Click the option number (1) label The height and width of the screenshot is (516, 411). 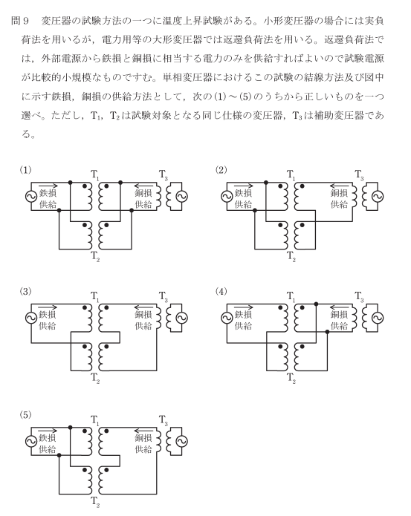pos(26,170)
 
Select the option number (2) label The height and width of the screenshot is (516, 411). pos(221,170)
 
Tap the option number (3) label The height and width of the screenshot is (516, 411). pos(26,291)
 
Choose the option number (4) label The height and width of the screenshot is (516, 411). pos(221,291)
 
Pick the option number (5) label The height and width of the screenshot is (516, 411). pos(26,414)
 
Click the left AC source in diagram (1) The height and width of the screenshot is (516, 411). pos(31,197)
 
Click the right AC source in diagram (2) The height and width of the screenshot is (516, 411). pos(378,197)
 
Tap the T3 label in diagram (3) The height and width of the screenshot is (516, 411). pos(164,296)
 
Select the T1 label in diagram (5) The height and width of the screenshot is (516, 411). pos(95,420)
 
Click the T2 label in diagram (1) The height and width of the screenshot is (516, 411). pos(95,256)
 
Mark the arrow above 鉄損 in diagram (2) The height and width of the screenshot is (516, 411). pos(244,186)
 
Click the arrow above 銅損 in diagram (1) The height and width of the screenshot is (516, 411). pos(143,186)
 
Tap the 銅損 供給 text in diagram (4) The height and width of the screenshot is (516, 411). pos(339,320)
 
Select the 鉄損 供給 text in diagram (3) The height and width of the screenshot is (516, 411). pos(48,320)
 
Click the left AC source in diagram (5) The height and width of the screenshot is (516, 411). pos(31,441)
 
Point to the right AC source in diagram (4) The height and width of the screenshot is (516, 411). pos(378,318)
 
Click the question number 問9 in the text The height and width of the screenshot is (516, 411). pos(20,21)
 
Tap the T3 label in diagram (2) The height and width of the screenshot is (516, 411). pos(359,174)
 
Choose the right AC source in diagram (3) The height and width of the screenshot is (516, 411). pos(182,318)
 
